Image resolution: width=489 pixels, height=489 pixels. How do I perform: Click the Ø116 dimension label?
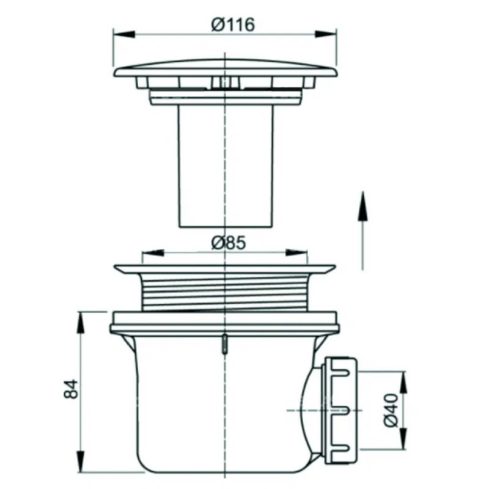point(233,24)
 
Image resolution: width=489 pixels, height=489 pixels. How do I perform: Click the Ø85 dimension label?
point(228,243)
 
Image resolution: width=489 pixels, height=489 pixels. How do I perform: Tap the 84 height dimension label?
point(71,389)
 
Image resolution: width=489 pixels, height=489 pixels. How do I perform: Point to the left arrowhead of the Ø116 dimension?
point(124,34)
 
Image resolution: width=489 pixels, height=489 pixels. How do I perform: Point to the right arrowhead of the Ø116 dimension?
point(325,34)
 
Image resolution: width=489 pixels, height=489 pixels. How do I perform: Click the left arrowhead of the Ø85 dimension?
point(153,252)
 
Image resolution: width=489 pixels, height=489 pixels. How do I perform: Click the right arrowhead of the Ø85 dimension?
point(296,252)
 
